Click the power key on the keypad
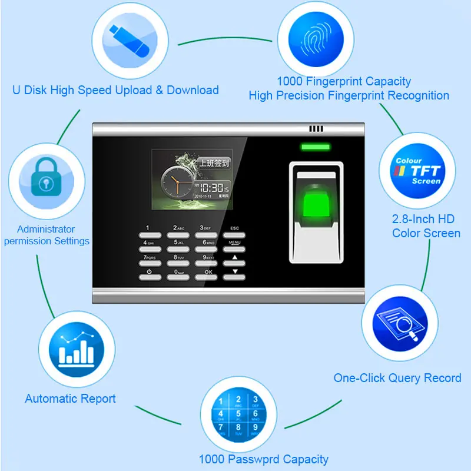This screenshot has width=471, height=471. coord(149,275)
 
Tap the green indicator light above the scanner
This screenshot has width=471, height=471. coord(315,147)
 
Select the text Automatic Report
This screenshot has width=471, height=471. coord(70,399)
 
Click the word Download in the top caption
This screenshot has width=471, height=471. coord(193,90)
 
